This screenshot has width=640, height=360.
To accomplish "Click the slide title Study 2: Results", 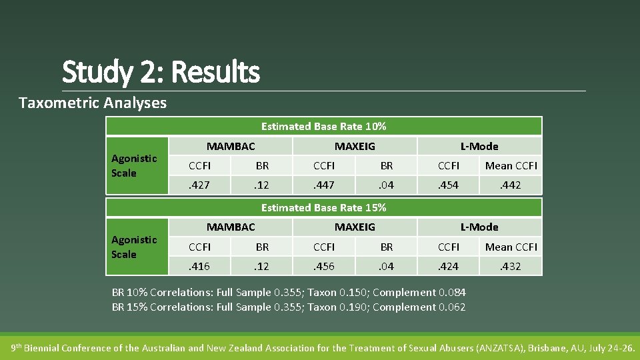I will coord(161,71).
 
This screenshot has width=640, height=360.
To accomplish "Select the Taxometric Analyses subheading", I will coord(93,103).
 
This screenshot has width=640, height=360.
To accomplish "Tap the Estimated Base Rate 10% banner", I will coord(323,126).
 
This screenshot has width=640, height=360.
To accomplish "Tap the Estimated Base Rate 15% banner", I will coord(323,207).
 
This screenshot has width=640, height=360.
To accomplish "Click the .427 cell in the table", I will coord(199,185).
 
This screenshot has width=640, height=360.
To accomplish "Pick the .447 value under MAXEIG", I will coord(324,185).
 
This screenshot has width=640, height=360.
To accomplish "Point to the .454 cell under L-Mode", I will coord(449,185).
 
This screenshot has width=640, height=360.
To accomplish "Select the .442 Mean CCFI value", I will coord(511,185).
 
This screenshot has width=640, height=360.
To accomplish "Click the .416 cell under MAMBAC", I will coord(199,266).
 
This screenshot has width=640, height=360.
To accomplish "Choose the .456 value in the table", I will coord(324,266).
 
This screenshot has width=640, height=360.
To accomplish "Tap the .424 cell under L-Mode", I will coord(449,266).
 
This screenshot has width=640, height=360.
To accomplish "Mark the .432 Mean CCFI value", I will coord(511,266).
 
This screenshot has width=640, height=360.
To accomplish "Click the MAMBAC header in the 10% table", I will coord(231,146).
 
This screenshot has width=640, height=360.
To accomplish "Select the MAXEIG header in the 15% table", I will coord(355,227).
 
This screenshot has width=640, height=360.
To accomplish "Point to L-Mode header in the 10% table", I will coord(479,146).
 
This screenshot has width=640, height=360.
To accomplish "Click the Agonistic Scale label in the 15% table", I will coord(134,247).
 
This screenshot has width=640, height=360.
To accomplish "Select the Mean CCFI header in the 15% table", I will coord(511,247).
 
